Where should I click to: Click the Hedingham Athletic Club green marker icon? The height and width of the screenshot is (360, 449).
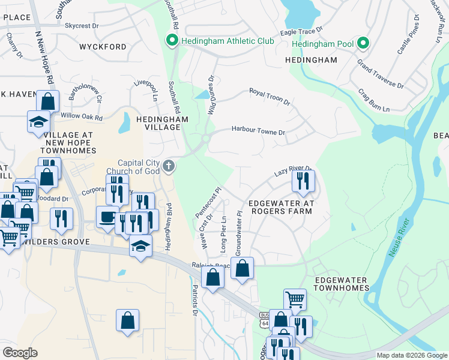(x=172, y=41)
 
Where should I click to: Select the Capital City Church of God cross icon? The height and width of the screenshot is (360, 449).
(x=169, y=166)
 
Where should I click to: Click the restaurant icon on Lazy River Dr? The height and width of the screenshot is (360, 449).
(x=303, y=180)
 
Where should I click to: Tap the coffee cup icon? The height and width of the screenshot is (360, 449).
(x=107, y=216)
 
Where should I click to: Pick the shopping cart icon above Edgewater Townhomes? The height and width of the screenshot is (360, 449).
(x=295, y=299)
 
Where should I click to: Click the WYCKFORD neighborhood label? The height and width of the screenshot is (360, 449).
(x=103, y=47)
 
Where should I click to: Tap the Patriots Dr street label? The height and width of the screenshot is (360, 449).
(x=195, y=299)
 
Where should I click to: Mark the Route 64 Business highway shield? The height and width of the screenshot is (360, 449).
(x=265, y=318)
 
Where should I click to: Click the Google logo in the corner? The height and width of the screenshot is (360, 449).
(x=20, y=353)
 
